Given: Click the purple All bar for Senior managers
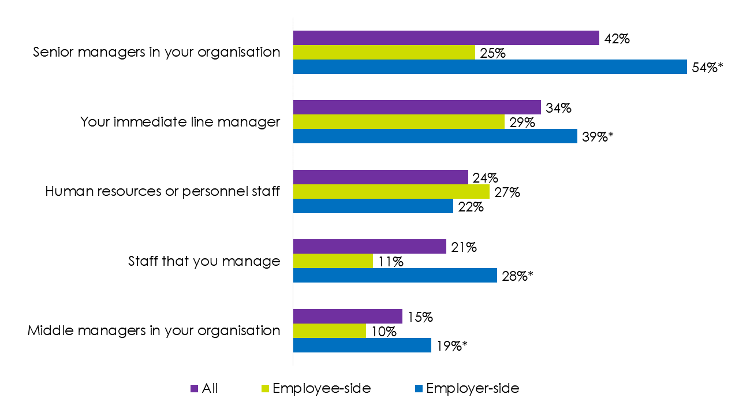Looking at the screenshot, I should (x=446, y=38).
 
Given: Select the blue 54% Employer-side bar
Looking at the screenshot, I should (x=490, y=66).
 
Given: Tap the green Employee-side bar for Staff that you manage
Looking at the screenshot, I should (x=333, y=261).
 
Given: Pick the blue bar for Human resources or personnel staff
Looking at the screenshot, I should (x=373, y=206).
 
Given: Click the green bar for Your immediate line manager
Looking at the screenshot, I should (x=398, y=122).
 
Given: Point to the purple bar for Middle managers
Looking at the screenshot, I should (x=348, y=317).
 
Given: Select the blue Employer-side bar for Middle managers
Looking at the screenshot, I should (x=362, y=345).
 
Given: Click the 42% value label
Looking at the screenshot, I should (x=616, y=39).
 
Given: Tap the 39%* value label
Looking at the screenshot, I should (x=598, y=137).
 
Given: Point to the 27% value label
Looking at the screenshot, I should (x=506, y=192).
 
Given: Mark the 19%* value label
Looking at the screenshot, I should (x=451, y=346).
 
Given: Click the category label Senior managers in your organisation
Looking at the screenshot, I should (x=156, y=52).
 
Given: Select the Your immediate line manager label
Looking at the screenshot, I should (x=180, y=122).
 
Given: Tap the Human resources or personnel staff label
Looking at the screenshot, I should (x=163, y=191).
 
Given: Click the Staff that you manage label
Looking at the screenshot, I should (x=204, y=261).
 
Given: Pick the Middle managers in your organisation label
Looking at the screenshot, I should (x=154, y=330).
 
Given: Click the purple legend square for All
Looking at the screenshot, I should (x=194, y=389).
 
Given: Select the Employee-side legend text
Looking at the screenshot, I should (x=322, y=388).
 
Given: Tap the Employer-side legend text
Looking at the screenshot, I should (x=472, y=388).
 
